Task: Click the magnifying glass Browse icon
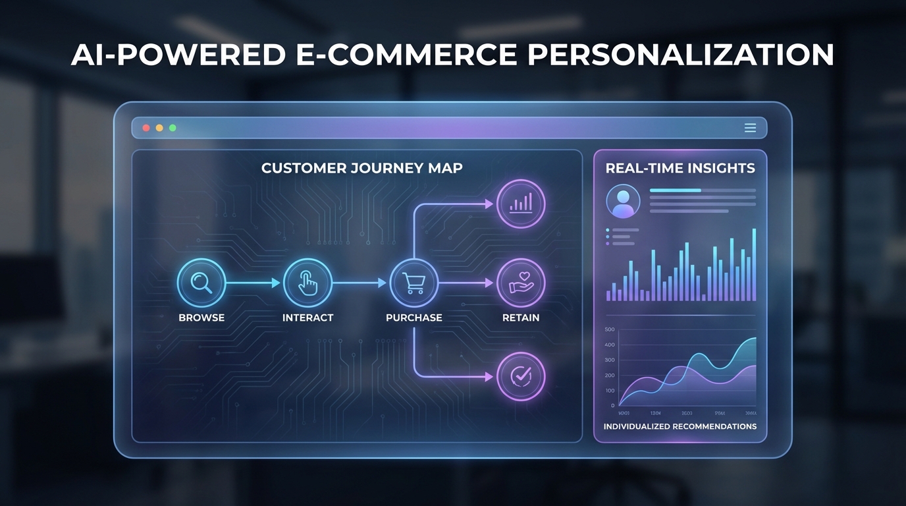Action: (201, 283)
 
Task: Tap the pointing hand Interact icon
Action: (307, 283)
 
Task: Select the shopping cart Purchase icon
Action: (414, 283)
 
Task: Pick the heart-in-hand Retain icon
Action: (521, 283)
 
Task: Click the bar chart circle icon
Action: (521, 204)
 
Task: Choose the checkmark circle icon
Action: (521, 376)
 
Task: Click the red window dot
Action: (146, 128)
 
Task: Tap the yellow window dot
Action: (159, 128)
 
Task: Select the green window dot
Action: (173, 128)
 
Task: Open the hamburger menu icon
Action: (750, 128)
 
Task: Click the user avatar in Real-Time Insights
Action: (623, 201)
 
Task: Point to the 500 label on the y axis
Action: (609, 329)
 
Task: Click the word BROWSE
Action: (201, 318)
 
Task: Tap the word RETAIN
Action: (521, 318)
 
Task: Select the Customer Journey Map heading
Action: (361, 168)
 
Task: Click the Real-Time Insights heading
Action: (680, 168)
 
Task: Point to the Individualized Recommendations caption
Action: (680, 426)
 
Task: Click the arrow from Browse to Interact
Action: (253, 283)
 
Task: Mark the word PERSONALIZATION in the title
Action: (681, 54)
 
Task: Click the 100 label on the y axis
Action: (609, 391)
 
